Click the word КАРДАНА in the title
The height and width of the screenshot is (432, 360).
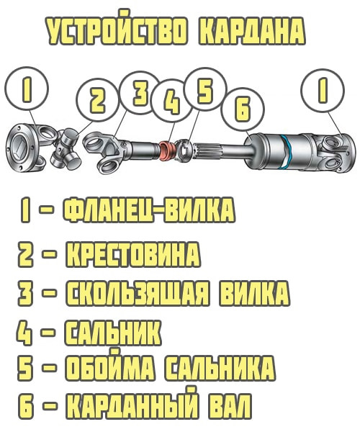(x=252, y=31)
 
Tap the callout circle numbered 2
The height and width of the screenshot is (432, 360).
(x=98, y=100)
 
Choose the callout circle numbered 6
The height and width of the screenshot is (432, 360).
(x=243, y=109)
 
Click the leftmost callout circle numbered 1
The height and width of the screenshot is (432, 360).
(x=27, y=89)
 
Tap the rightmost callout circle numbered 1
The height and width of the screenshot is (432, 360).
(x=323, y=91)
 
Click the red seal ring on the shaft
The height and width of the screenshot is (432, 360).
(x=167, y=150)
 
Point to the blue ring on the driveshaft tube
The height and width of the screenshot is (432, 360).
(x=287, y=151)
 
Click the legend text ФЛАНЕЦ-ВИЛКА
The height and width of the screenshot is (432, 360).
(x=149, y=210)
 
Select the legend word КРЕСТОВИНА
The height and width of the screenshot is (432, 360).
(x=132, y=254)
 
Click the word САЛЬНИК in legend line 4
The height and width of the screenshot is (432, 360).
(x=112, y=332)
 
